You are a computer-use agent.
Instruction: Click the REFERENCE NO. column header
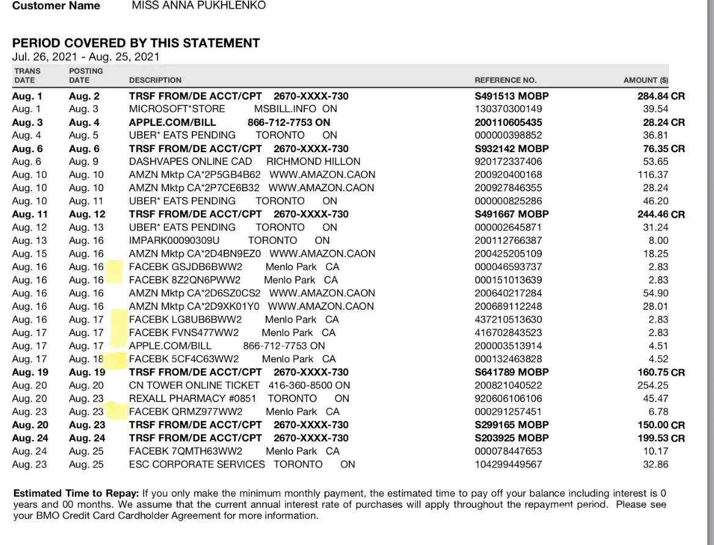coord(505,80)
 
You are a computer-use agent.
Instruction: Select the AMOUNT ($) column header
coord(646,80)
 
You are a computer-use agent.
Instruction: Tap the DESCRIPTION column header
coord(155,80)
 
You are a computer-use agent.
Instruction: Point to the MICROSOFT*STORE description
coord(177,109)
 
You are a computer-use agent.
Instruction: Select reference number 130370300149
coord(508,109)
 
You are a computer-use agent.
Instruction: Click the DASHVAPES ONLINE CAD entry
coord(191,162)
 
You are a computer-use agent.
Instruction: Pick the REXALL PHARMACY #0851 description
coord(193,398)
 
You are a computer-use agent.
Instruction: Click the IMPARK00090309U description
coord(174,240)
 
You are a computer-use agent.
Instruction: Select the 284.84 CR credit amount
coord(661,96)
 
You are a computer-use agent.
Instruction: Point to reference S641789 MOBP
coord(511,372)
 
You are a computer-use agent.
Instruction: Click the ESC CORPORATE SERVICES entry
coord(197,464)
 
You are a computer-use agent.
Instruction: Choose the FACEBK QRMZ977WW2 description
coord(186,412)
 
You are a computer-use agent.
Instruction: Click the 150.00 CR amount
coord(661,425)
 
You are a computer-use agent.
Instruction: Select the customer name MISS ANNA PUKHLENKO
coord(199,6)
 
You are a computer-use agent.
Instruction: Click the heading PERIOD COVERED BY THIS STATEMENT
coord(136,43)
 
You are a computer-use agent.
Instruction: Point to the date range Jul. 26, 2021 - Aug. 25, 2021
coord(86,57)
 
